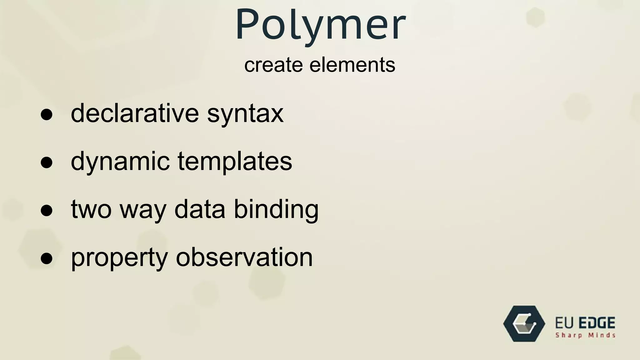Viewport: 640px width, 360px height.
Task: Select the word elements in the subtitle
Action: point(352,65)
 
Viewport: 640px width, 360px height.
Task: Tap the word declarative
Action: point(135,113)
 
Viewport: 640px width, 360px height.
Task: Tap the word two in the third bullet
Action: point(91,209)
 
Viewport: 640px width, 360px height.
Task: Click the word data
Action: point(200,209)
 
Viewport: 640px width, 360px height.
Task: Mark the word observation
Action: point(244,257)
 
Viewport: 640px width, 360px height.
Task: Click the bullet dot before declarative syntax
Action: point(47,115)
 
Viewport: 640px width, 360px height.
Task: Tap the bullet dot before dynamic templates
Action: point(47,163)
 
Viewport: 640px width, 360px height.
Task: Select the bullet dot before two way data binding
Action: point(47,211)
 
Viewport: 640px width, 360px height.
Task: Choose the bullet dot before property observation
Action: point(47,259)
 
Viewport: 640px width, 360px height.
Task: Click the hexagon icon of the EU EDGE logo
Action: point(524,324)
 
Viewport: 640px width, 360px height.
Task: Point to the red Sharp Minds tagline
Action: point(585,336)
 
